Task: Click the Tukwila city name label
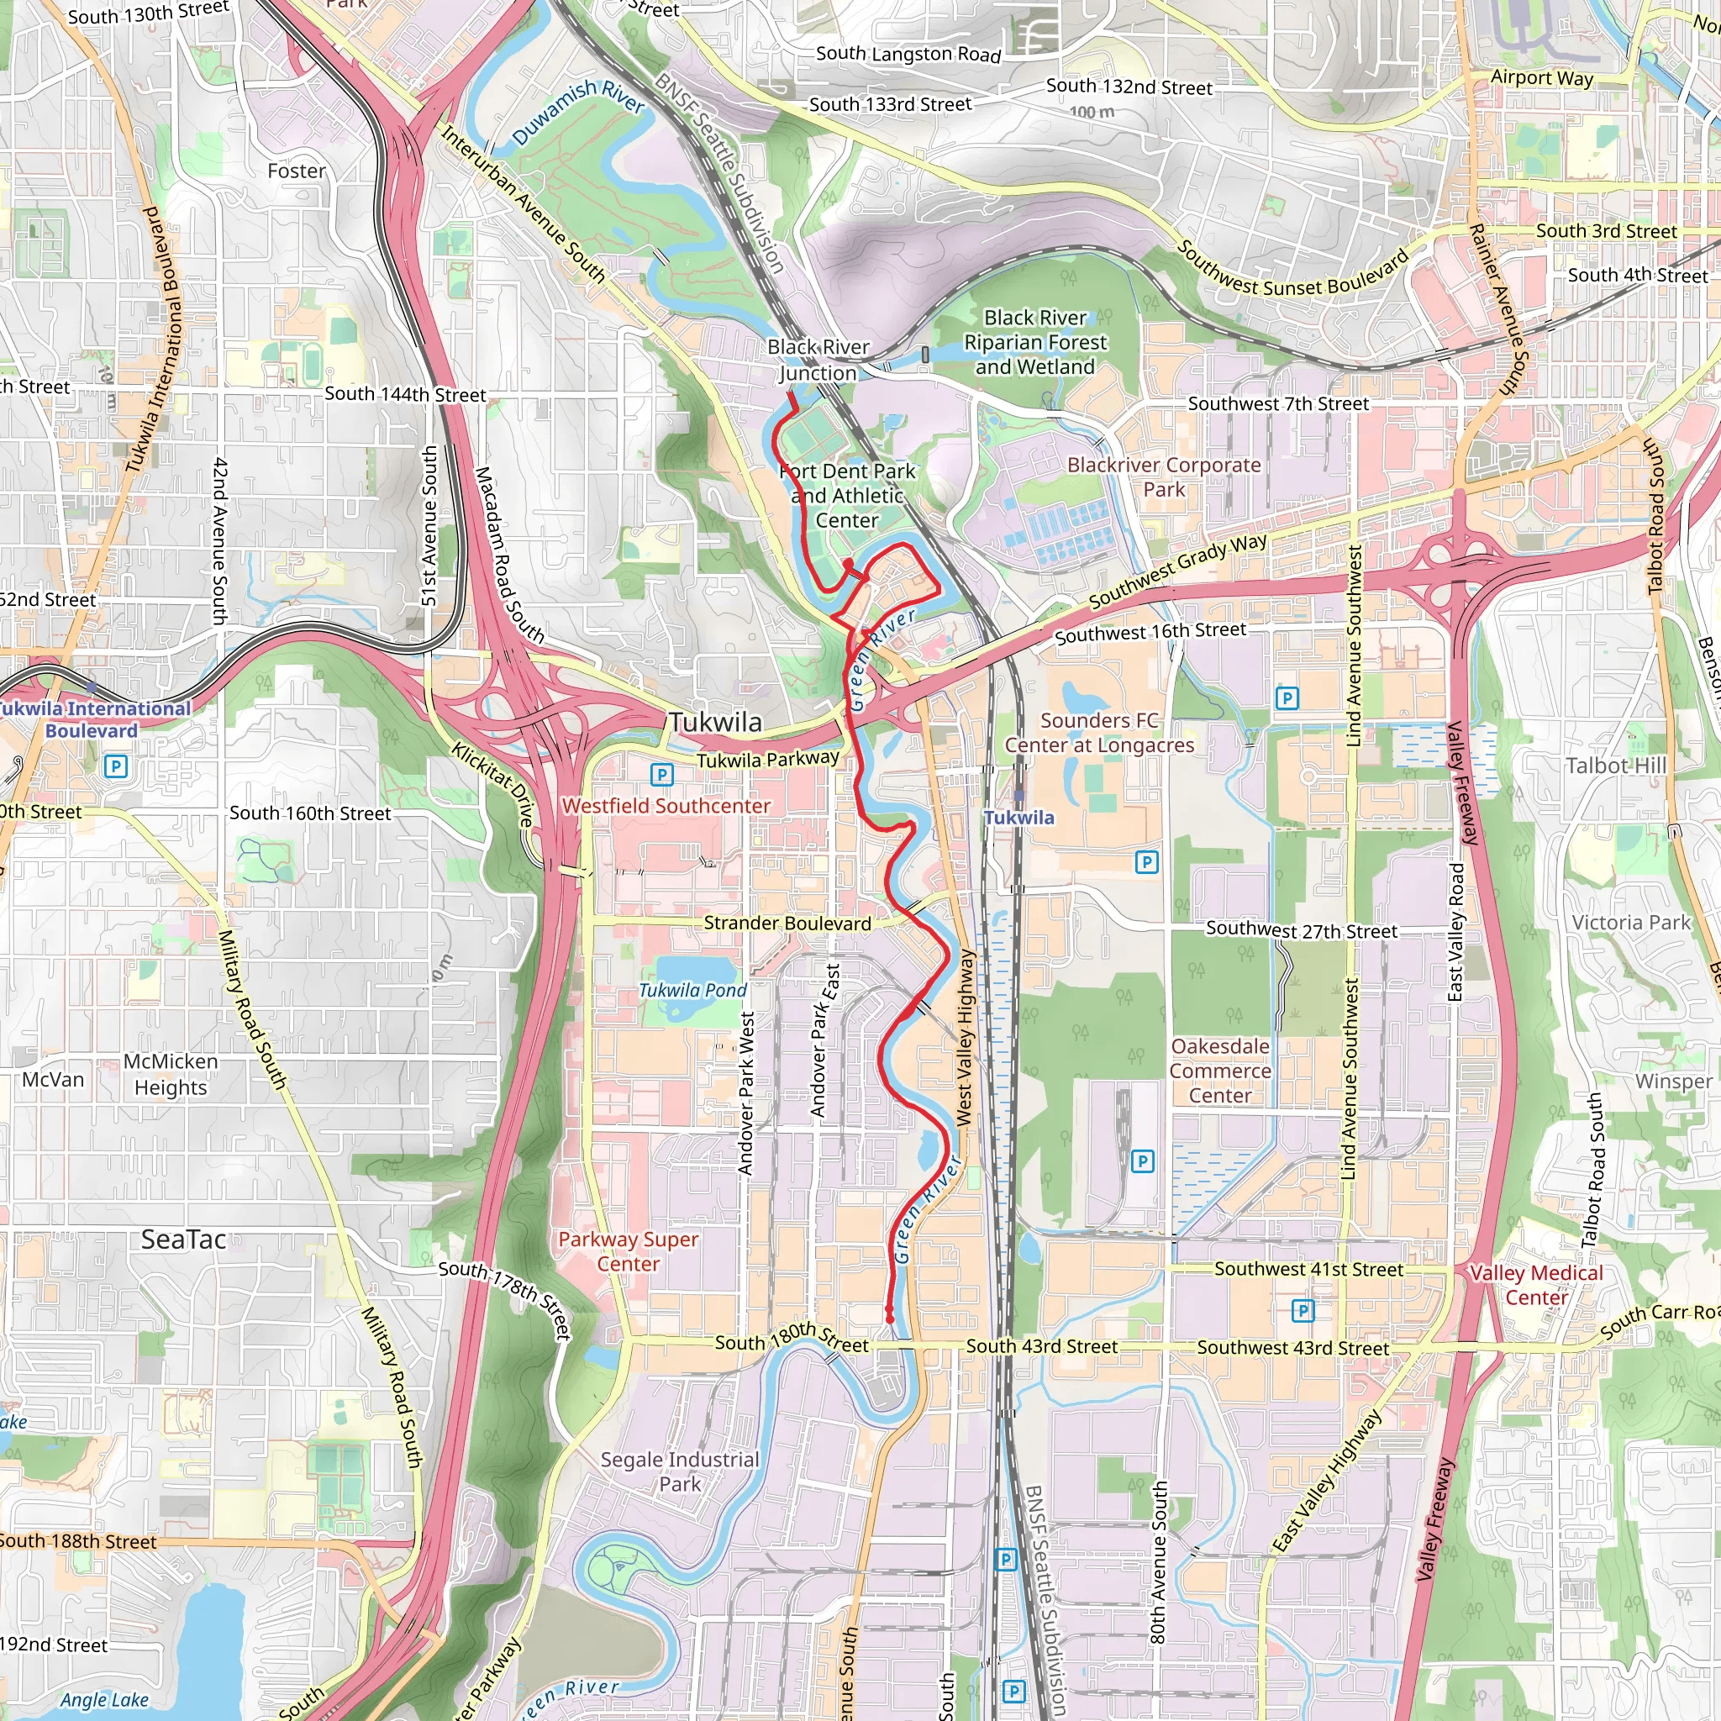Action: (x=715, y=723)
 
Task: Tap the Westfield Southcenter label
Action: (x=666, y=806)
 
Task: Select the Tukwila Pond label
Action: (x=693, y=991)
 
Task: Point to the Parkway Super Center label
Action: (x=628, y=1251)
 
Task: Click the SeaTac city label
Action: (x=183, y=1240)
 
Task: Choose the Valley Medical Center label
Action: (x=1536, y=1286)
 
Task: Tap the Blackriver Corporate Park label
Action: (x=1163, y=477)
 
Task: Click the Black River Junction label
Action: (x=818, y=360)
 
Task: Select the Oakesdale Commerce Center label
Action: (x=1220, y=1071)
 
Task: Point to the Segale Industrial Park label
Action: (x=680, y=1471)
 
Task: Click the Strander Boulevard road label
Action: (x=787, y=924)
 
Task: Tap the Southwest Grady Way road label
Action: (x=1176, y=570)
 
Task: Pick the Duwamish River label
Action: (x=578, y=113)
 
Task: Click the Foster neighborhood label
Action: (x=297, y=171)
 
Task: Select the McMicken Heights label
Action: (x=170, y=1074)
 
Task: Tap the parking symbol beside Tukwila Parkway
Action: (x=661, y=774)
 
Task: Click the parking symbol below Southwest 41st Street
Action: (x=1303, y=1310)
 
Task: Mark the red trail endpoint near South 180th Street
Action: (x=889, y=1318)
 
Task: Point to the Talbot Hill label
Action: (x=1616, y=766)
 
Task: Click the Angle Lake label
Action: (x=104, y=1700)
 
